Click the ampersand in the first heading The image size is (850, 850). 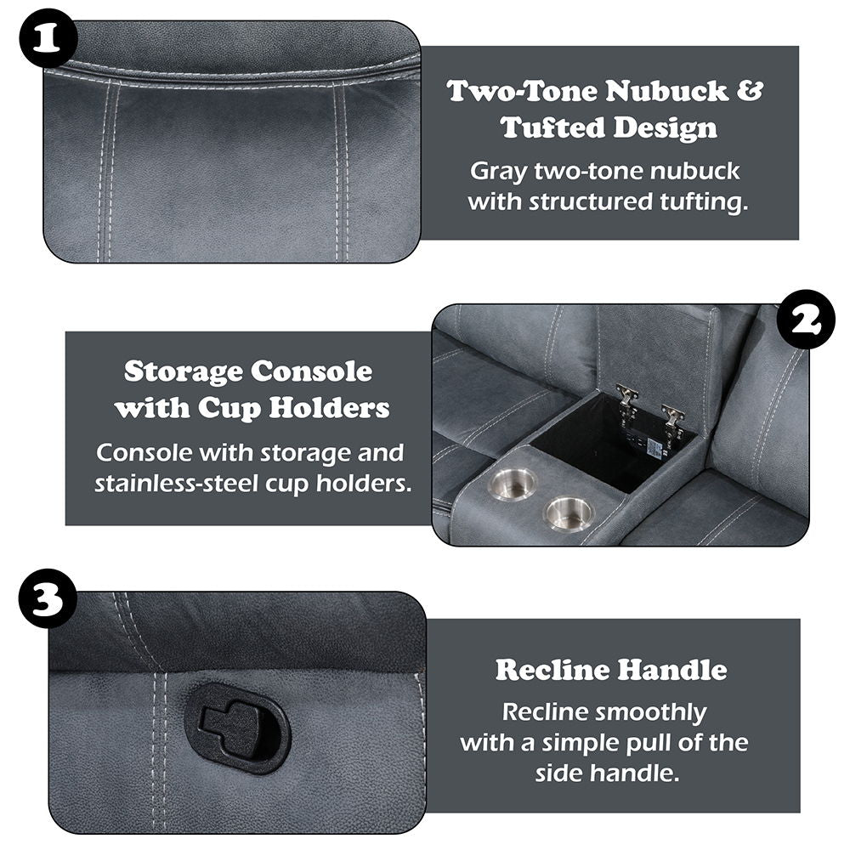pyautogui.click(x=749, y=92)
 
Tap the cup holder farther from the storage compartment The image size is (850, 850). pyautogui.click(x=569, y=513)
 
